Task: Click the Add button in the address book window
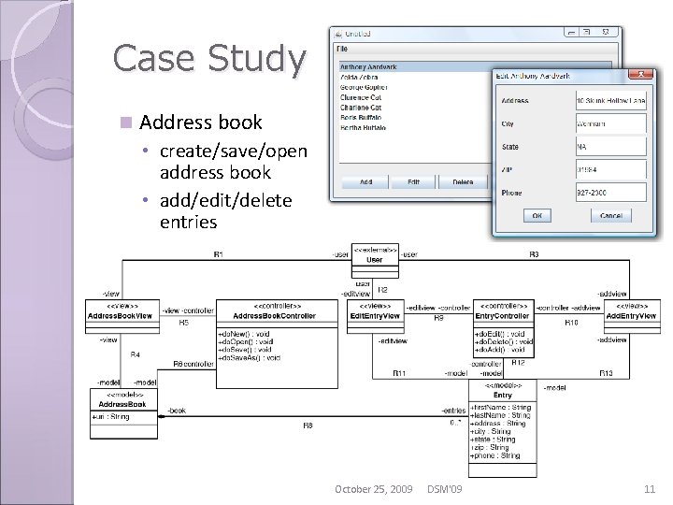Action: pos(365,182)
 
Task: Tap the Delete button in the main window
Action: pos(463,182)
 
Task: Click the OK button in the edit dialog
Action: pos(537,215)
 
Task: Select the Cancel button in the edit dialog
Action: pos(610,215)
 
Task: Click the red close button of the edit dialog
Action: pos(640,75)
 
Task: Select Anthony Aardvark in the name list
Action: pos(368,67)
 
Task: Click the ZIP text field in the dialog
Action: pos(610,170)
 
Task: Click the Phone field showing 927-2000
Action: pos(610,193)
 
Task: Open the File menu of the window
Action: pos(342,47)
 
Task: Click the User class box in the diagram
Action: pos(374,260)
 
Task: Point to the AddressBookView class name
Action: pos(122,316)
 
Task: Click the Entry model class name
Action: pos(503,396)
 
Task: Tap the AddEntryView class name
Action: pos(631,316)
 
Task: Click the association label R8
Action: pos(308,426)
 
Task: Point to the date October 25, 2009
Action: pos(374,489)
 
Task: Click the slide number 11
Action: pos(650,489)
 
